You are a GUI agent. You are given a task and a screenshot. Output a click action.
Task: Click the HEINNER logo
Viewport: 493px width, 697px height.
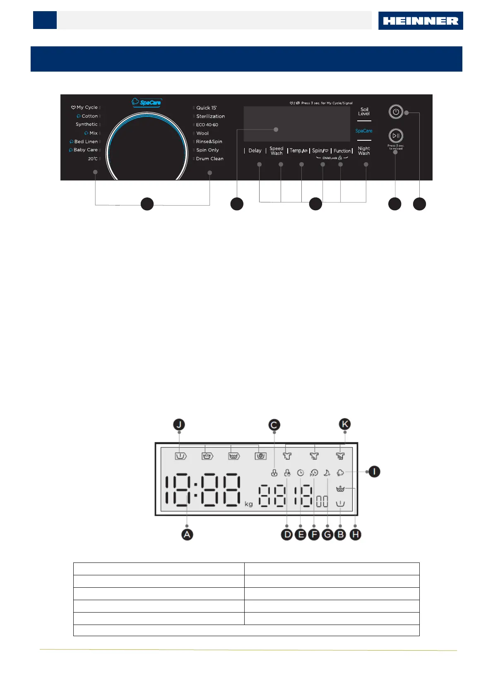(x=420, y=21)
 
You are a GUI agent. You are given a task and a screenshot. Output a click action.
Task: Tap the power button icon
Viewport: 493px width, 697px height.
(x=396, y=112)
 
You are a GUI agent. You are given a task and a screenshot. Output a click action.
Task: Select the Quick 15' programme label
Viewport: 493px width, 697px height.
(x=206, y=108)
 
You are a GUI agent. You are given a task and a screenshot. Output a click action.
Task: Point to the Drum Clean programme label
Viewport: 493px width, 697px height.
(x=209, y=159)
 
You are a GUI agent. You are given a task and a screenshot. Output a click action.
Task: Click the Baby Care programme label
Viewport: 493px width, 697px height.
(x=85, y=150)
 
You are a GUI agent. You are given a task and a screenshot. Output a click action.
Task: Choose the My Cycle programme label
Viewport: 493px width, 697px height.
(x=87, y=107)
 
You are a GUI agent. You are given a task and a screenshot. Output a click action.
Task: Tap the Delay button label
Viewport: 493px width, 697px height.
(x=255, y=151)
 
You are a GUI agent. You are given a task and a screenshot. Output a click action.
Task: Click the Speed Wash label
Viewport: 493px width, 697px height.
(x=277, y=151)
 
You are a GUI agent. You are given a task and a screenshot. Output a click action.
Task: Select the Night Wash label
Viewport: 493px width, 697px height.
(x=364, y=151)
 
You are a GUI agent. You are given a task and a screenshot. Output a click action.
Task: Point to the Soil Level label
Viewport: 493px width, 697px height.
(x=364, y=111)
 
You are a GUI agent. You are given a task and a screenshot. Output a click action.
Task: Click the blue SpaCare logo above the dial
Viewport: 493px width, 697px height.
(x=147, y=102)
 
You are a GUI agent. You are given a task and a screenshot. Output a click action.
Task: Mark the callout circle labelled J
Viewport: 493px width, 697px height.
(x=179, y=425)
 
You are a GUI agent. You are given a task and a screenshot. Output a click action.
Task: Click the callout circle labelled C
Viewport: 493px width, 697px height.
(x=274, y=425)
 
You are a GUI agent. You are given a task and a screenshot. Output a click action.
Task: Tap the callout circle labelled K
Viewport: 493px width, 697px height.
(x=345, y=424)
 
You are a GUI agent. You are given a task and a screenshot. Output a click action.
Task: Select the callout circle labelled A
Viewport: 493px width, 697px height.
(x=187, y=534)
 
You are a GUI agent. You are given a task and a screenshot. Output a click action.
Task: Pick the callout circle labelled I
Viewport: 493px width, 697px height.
(x=374, y=471)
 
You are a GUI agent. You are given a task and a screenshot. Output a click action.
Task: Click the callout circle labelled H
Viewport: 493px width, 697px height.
(x=355, y=535)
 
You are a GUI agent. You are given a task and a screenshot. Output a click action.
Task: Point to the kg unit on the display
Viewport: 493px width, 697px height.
(x=248, y=504)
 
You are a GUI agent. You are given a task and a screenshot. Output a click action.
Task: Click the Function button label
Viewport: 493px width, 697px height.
(x=342, y=151)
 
